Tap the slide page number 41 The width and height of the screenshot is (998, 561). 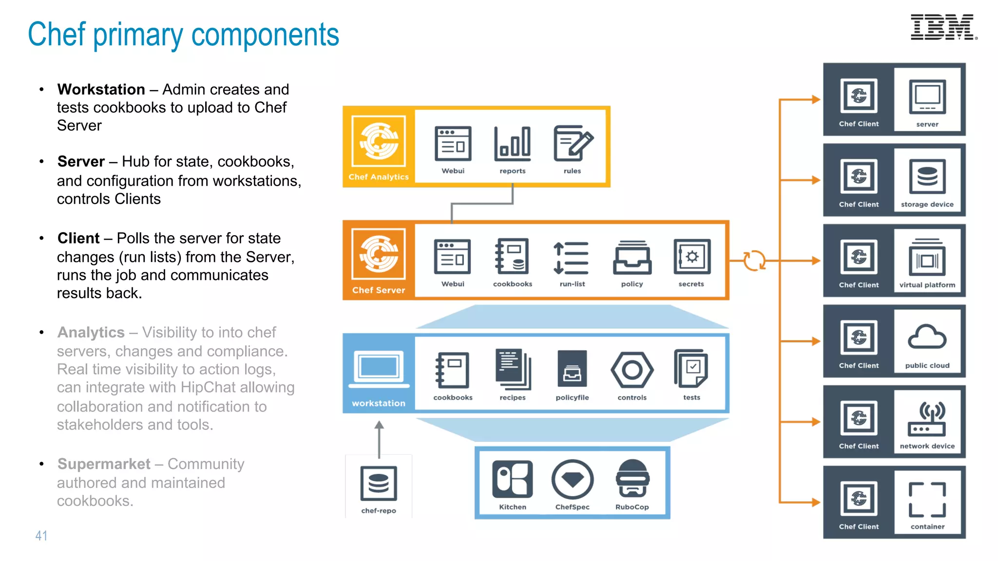click(x=41, y=536)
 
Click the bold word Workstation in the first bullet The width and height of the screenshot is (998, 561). click(x=101, y=90)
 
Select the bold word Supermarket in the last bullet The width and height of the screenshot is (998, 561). click(x=104, y=464)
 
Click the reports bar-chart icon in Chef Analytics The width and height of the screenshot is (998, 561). click(x=512, y=144)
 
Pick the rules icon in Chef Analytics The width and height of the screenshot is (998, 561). click(x=573, y=144)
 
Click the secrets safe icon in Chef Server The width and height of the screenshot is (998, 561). click(x=691, y=257)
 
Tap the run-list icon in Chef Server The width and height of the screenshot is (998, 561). click(x=572, y=258)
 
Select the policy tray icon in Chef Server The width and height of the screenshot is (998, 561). click(x=632, y=258)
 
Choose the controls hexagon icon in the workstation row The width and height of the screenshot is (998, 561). click(x=632, y=371)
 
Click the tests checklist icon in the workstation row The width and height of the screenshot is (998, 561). click(x=691, y=369)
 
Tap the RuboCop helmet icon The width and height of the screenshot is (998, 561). click(x=632, y=478)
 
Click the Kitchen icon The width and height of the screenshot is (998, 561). click(x=512, y=479)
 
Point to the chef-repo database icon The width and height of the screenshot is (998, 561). click(x=379, y=483)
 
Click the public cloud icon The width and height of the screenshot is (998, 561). click(x=927, y=337)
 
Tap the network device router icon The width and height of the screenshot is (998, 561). click(x=927, y=419)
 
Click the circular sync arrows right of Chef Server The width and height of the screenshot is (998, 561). click(x=754, y=261)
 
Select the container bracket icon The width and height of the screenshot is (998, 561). click(x=927, y=500)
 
